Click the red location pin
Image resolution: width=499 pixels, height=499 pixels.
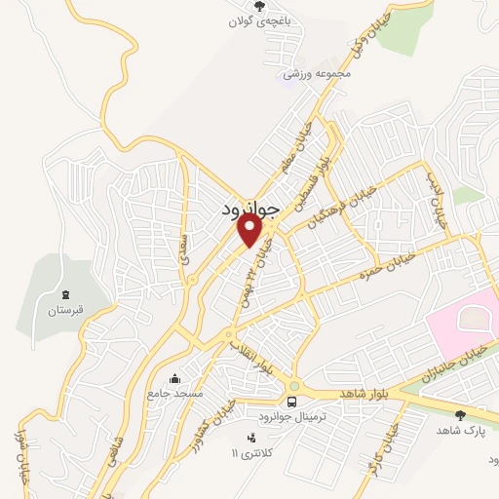(250, 230)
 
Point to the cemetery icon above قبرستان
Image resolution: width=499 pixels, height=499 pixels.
(65, 294)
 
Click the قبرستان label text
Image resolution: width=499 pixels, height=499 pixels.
(65, 311)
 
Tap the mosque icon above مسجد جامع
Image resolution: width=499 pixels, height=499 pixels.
(174, 378)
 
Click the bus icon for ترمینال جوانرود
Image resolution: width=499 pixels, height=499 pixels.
(291, 402)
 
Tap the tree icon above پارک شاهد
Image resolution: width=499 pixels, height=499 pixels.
(460, 415)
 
